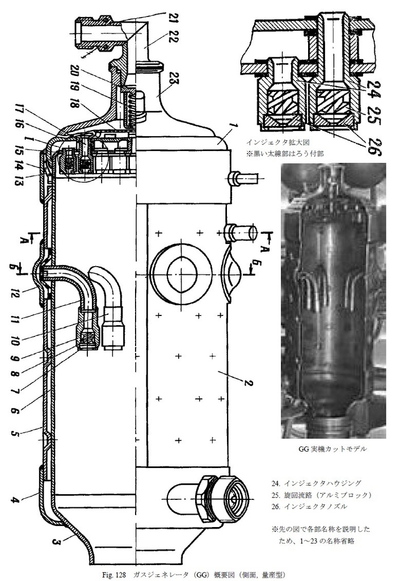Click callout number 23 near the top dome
[170, 80]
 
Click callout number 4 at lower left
[15, 500]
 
